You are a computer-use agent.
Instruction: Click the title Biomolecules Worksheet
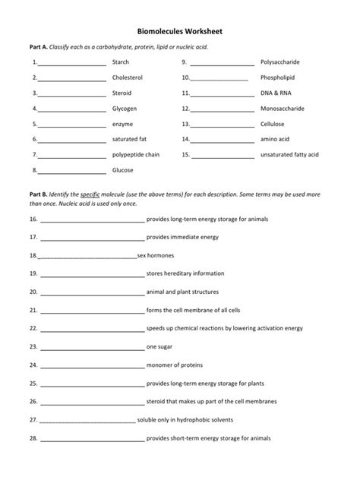click(x=179, y=33)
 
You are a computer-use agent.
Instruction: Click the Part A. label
click(x=39, y=47)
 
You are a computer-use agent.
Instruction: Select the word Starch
click(x=120, y=62)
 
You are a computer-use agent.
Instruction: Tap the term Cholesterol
click(x=127, y=77)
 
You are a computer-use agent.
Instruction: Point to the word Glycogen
click(x=124, y=109)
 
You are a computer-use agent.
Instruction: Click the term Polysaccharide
click(x=282, y=62)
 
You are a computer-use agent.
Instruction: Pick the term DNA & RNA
click(x=274, y=93)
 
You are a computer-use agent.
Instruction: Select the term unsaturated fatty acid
click(x=289, y=154)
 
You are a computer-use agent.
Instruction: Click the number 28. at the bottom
click(x=33, y=438)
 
